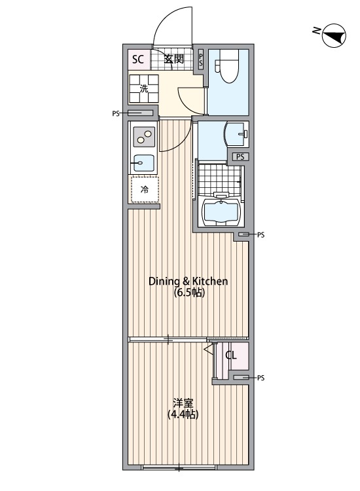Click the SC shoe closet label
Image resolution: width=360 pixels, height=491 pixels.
(x=137, y=59)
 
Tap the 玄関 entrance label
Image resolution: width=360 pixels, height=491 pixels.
(x=174, y=59)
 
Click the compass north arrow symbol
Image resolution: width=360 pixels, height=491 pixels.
(x=334, y=35)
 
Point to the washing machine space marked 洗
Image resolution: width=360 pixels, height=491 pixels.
(x=144, y=88)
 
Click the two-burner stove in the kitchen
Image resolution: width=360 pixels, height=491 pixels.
(x=144, y=137)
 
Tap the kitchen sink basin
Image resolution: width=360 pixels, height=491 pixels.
(x=144, y=163)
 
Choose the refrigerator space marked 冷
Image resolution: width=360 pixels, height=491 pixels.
(x=145, y=190)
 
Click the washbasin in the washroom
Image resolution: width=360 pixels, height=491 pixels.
(x=236, y=134)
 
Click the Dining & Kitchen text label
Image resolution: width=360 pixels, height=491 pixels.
(x=188, y=282)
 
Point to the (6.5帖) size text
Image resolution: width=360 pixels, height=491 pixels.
(x=189, y=293)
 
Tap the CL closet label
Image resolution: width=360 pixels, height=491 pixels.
(x=231, y=355)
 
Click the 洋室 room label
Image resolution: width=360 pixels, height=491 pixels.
(x=183, y=403)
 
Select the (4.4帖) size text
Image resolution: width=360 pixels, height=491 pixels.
(x=183, y=414)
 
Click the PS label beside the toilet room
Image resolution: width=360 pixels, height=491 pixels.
(x=201, y=59)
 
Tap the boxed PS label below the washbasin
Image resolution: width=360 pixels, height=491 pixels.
(x=240, y=156)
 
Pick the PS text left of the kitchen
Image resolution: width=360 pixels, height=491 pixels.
(x=116, y=113)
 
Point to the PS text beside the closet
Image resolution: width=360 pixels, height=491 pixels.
(x=261, y=378)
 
